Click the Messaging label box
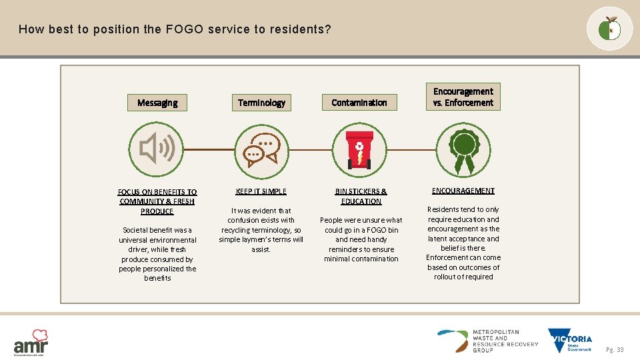tap(157, 103)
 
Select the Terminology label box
tap(261, 103)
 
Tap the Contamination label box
tap(359, 103)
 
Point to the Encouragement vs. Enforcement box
tap(463, 97)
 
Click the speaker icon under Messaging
tap(157, 148)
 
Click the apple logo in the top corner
tap(609, 29)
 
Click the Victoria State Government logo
tap(569, 341)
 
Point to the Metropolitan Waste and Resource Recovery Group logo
tap(488, 341)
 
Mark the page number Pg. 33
tap(615, 350)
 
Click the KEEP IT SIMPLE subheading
tap(261, 191)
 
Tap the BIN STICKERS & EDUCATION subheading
tap(361, 196)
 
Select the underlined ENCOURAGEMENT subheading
tap(463, 191)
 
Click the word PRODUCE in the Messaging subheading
tap(157, 211)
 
